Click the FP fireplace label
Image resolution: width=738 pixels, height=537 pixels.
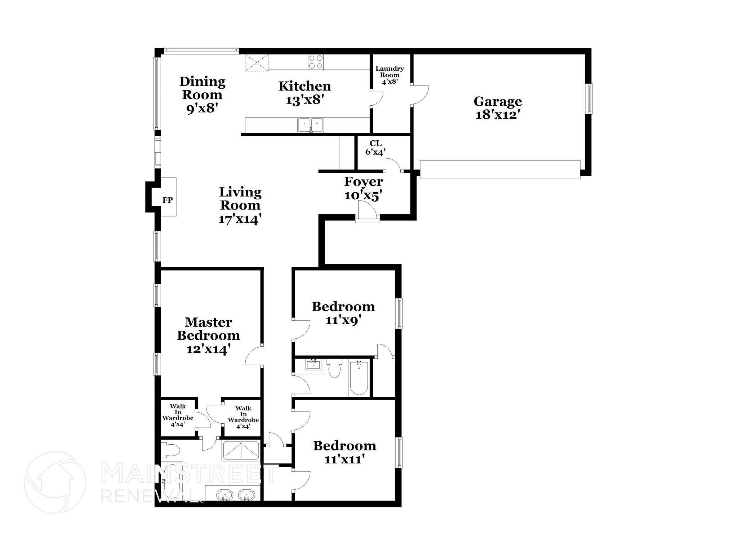168,200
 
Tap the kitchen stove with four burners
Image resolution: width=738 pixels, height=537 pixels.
316,62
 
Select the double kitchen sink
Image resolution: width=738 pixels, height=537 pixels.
311,125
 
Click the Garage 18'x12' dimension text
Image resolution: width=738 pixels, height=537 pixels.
497,115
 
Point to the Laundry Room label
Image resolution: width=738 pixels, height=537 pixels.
390,72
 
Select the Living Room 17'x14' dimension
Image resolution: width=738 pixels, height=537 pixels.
240,219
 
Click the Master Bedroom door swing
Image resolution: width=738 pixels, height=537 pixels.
253,356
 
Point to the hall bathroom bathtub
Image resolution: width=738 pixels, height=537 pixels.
359,378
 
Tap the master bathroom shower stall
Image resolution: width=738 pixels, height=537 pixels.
241,450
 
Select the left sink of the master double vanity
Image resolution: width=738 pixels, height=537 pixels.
225,495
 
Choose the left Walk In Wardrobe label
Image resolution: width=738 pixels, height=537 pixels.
178,415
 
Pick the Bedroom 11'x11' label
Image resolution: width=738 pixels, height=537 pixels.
344,446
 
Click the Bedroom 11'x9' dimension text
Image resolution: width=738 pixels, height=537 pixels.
343,320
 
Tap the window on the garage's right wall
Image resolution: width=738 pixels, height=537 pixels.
588,99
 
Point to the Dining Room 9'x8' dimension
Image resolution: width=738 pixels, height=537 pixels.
203,108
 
